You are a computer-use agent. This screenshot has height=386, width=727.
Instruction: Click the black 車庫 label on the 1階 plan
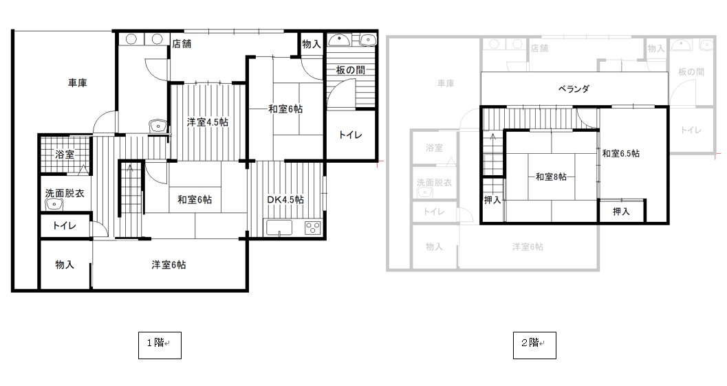[x=78, y=83]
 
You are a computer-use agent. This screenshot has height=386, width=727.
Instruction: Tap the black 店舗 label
[x=182, y=44]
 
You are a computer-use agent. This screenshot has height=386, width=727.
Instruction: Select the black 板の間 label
[x=351, y=70]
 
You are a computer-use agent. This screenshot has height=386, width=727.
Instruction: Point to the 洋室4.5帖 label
[x=207, y=123]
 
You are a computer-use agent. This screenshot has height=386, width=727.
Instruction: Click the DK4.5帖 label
[x=285, y=200]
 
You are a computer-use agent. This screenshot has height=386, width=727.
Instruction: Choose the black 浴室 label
[x=65, y=155]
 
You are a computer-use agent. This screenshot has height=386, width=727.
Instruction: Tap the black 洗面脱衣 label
[x=65, y=194]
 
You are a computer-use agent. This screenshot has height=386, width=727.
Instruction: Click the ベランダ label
[x=574, y=89]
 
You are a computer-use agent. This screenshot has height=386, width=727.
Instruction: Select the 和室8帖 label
[x=552, y=177]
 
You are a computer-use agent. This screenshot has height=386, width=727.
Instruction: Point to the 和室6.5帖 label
[x=621, y=154]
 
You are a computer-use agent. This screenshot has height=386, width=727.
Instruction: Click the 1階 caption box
[x=160, y=345]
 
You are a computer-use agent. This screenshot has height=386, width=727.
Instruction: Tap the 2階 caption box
[x=534, y=345]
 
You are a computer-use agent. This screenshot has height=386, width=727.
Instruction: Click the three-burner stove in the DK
[x=312, y=227]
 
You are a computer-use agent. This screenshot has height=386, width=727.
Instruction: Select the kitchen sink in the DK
[x=279, y=227]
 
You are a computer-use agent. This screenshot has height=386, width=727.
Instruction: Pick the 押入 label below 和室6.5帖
[x=621, y=212]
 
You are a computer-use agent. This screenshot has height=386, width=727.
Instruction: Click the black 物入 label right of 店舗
[x=312, y=45]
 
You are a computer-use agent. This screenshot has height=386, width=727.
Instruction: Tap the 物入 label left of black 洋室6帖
[x=65, y=264]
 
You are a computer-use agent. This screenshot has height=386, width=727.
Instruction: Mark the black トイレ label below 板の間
[x=351, y=135]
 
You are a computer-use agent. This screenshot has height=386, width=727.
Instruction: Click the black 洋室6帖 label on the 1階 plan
[x=169, y=265]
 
